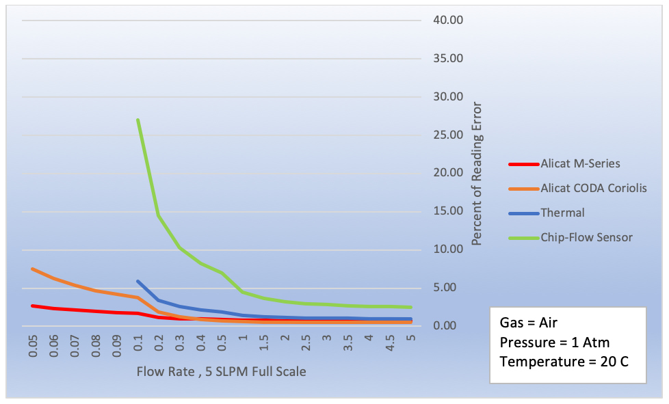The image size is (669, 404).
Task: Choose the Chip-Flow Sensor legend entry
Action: pyautogui.click(x=586, y=238)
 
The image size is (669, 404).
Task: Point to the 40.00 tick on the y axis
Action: pyautogui.click(x=449, y=20)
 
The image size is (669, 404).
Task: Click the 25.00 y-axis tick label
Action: pyautogui.click(x=449, y=135)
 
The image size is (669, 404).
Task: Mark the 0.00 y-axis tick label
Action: pyautogui.click(x=449, y=326)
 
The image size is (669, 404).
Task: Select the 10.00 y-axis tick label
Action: pyautogui.click(x=449, y=250)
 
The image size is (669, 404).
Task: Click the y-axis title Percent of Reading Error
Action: pyautogui.click(x=477, y=174)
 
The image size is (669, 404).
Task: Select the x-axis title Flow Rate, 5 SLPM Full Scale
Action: pyautogui.click(x=221, y=372)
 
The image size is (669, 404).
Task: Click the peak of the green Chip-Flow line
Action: pyautogui.click(x=138, y=120)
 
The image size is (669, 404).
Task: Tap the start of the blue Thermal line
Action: pyautogui.click(x=138, y=281)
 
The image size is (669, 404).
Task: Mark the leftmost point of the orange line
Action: pyautogui.click(x=33, y=269)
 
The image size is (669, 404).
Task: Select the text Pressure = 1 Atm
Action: pyautogui.click(x=554, y=342)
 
